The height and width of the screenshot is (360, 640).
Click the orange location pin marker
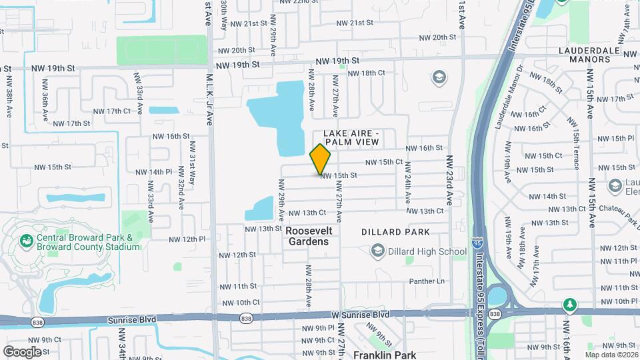321,159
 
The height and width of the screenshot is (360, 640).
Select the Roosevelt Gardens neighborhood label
309,235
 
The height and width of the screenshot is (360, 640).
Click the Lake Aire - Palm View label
351,137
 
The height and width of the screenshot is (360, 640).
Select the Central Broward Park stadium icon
27,240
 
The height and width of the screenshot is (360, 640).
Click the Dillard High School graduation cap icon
378,251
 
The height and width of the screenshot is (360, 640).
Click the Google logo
22,351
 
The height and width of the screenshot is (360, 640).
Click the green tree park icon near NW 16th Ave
570,305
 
